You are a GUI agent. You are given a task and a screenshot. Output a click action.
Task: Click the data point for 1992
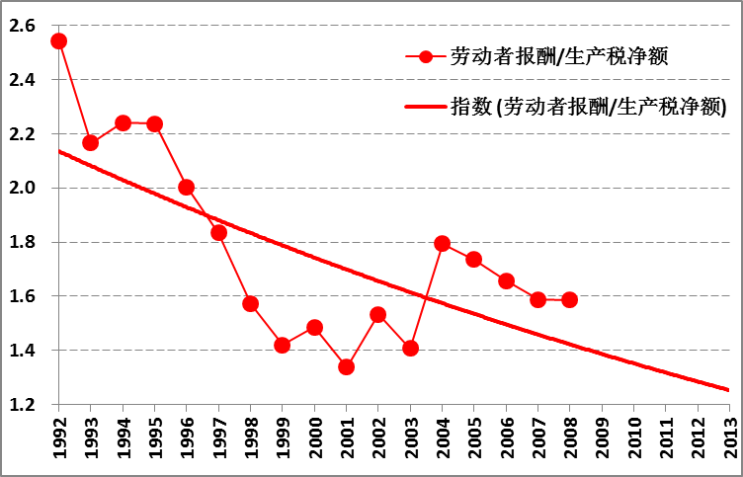tap(58, 40)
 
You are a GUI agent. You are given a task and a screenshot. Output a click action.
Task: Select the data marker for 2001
tap(346, 366)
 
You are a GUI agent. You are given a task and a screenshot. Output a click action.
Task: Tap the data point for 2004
tap(442, 243)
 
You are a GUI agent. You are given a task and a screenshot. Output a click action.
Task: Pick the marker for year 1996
tap(186, 187)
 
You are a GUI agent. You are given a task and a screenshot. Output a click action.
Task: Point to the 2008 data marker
tap(569, 299)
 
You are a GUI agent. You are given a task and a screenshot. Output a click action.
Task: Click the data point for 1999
tap(282, 345)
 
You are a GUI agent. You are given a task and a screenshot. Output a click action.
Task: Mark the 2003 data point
tap(410, 348)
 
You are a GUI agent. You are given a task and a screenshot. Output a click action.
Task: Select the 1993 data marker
tap(90, 142)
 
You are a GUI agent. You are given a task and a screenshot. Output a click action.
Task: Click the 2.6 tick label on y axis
tap(25, 25)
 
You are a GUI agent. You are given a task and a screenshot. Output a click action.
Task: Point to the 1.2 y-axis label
tap(25, 404)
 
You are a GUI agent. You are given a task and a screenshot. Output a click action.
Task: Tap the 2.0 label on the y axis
tap(25, 188)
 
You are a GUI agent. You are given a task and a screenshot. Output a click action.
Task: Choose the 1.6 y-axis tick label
tap(25, 296)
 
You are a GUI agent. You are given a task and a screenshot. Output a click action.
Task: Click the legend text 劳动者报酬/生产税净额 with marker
tap(559, 56)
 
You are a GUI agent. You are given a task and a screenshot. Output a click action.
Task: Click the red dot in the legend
tap(426, 56)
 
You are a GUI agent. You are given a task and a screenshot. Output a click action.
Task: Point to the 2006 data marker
tap(506, 280)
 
